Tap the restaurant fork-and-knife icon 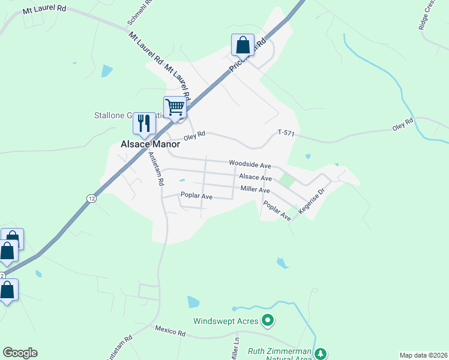[x=144, y=123]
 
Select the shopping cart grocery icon [x=175, y=107]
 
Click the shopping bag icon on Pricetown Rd [x=243, y=44]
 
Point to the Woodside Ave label [x=250, y=164]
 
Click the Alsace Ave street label [x=255, y=178]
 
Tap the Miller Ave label [x=255, y=190]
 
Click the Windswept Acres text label [x=226, y=321]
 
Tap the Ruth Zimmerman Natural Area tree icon [x=321, y=353]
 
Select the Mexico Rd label [x=168, y=329]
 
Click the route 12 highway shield [x=91, y=198]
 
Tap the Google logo [x=20, y=353]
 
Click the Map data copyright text [x=424, y=355]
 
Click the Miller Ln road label [x=236, y=349]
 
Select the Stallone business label [x=114, y=115]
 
